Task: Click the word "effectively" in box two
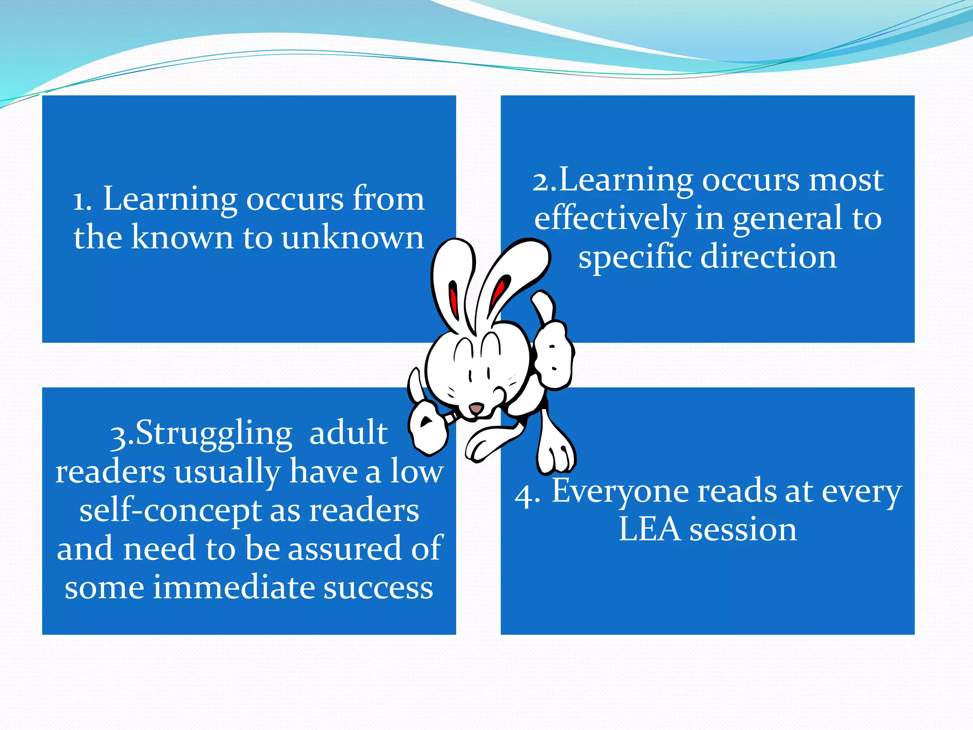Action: (610, 218)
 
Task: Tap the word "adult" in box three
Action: (348, 433)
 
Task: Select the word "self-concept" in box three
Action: (169, 510)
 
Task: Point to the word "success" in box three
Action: (378, 587)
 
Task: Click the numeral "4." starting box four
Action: (527, 495)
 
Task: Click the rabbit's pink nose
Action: (476, 408)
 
